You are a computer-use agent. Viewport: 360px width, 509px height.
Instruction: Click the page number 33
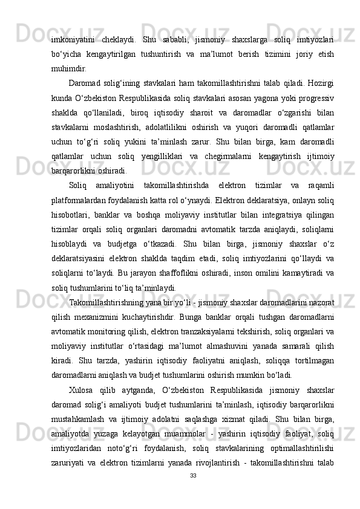[192, 493]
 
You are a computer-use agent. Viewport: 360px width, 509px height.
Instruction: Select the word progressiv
[314, 97]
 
